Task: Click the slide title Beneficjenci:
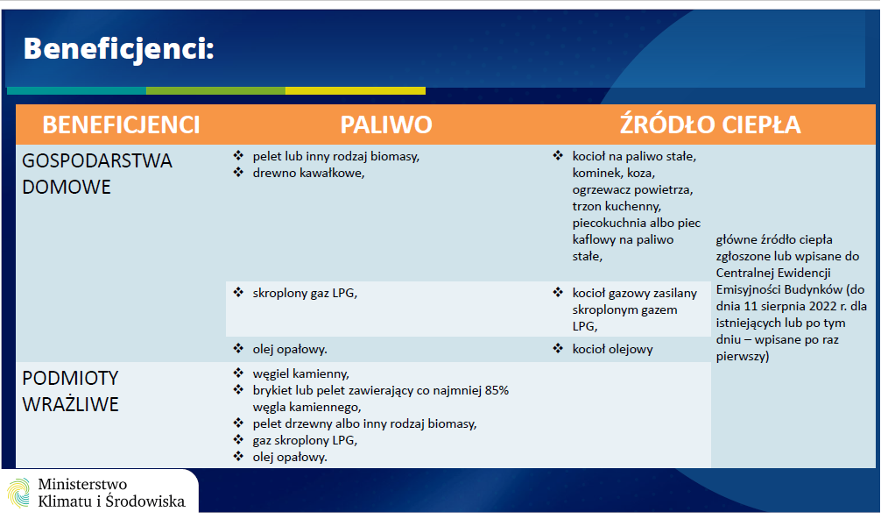[x=118, y=49]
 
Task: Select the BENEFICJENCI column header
[x=122, y=124]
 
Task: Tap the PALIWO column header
[x=386, y=124]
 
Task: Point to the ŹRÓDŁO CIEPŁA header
[x=710, y=124]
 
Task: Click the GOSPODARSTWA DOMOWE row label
[x=96, y=174]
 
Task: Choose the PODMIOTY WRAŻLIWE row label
[x=70, y=391]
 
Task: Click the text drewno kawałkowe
[x=308, y=174]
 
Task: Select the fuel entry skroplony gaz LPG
[x=305, y=293]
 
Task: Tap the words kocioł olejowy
[x=612, y=349]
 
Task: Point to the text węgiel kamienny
[x=300, y=374]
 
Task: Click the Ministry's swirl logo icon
[x=18, y=493]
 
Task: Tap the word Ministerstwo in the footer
[x=82, y=484]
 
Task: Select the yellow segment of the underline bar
[x=355, y=90]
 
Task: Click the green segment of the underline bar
[x=215, y=90]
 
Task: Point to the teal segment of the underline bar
[x=76, y=90]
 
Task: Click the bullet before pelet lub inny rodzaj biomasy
[x=238, y=155]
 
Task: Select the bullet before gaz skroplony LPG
[x=238, y=439]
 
